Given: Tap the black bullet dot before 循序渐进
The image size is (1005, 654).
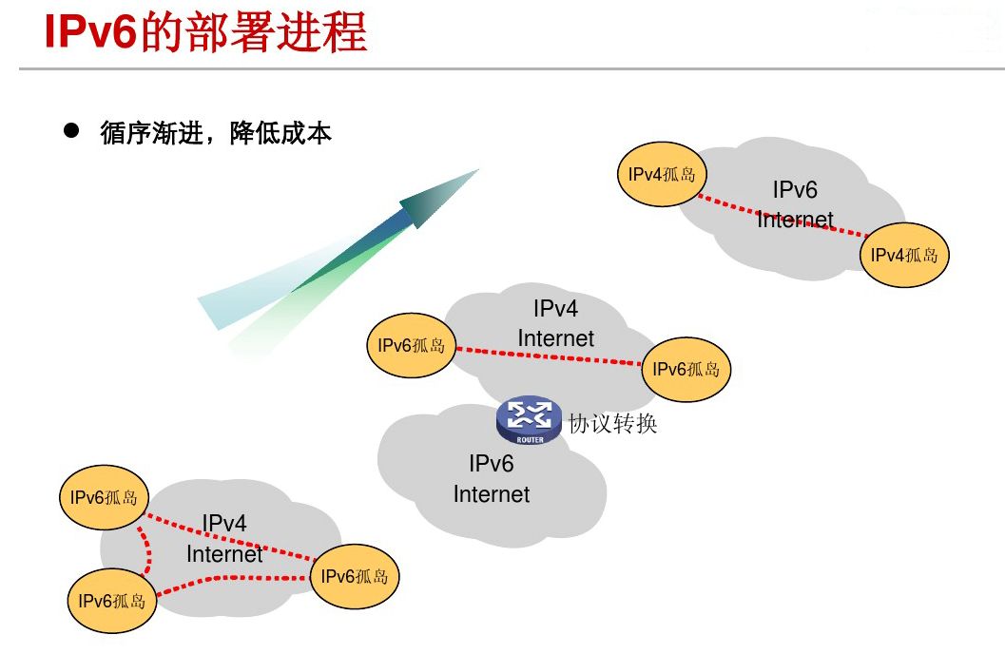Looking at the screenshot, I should (x=70, y=131).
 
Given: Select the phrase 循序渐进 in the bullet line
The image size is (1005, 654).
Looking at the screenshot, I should (x=150, y=133).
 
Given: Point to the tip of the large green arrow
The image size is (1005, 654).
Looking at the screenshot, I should (x=475, y=172).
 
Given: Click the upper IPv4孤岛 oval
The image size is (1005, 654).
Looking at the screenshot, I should (x=662, y=174).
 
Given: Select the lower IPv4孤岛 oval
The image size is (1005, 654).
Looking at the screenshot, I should (x=904, y=255).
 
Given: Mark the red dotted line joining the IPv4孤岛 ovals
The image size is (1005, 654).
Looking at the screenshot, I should (x=783, y=215).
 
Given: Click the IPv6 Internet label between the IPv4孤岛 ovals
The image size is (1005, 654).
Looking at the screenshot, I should (x=795, y=204).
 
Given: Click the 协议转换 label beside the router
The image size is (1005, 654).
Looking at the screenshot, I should (x=612, y=424).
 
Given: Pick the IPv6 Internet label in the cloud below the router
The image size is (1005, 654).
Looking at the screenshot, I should (x=492, y=479).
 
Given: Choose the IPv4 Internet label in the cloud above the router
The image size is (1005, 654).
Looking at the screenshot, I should (x=555, y=323).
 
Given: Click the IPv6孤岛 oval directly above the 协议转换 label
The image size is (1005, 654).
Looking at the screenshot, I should (x=686, y=370).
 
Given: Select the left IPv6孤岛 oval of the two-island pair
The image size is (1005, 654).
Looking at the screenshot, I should (x=411, y=345).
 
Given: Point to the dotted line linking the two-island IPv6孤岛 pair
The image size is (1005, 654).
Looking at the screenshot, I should (x=549, y=356).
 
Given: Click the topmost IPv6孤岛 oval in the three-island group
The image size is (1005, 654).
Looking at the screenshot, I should (x=104, y=497).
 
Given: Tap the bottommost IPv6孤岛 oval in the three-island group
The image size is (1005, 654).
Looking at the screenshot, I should (x=112, y=600).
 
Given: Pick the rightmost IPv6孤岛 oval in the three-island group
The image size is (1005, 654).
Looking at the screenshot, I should (x=355, y=576).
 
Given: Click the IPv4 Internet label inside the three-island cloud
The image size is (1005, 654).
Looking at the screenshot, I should (x=224, y=538).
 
